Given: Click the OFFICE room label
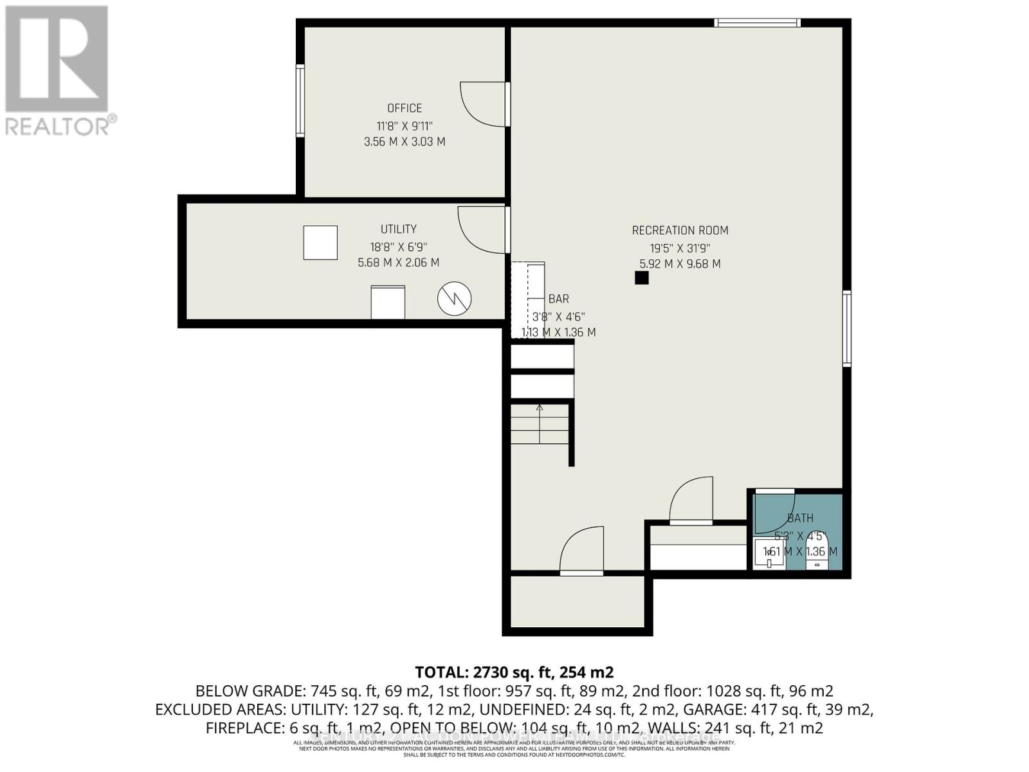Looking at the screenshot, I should pos(405,108).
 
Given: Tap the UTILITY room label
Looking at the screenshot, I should pos(398,229).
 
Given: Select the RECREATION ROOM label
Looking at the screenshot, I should pos(680,230).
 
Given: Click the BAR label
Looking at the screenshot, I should pos(558,299).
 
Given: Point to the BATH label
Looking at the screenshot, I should pos(800,518).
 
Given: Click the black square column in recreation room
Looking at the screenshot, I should pos(641,278).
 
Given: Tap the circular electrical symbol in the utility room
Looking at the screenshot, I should pos(454,299).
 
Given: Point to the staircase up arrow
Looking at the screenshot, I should pos(540,408).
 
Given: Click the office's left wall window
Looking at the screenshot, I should pos(300,100).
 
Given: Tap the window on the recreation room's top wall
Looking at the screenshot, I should pos(757,23).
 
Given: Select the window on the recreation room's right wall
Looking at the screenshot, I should pos(846,329).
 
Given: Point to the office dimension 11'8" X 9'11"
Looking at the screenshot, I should pos(405,125).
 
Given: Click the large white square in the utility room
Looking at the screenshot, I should pos(320,243).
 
